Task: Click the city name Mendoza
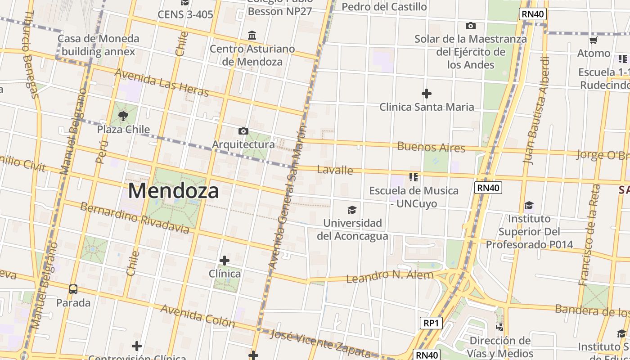pyautogui.click(x=174, y=191)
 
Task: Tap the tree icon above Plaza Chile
pyautogui.click(x=123, y=116)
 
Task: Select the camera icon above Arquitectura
pyautogui.click(x=243, y=131)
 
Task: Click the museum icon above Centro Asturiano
pyautogui.click(x=252, y=35)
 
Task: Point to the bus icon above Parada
pyautogui.click(x=73, y=289)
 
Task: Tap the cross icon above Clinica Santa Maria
pyautogui.click(x=426, y=94)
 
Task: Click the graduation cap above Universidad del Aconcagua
pyautogui.click(x=352, y=210)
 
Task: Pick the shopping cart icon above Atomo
pyautogui.click(x=593, y=40)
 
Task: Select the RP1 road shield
pyautogui.click(x=431, y=323)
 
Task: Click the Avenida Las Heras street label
pyautogui.click(x=162, y=82)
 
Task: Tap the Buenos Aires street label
pyautogui.click(x=431, y=147)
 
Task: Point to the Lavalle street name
pyautogui.click(x=335, y=170)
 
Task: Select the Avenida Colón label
pyautogui.click(x=198, y=315)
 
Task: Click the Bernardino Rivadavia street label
pyautogui.click(x=135, y=218)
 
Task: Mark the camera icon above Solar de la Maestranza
pyautogui.click(x=470, y=26)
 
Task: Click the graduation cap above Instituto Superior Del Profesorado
pyautogui.click(x=529, y=206)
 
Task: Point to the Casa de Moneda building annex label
pyautogui.click(x=98, y=45)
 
